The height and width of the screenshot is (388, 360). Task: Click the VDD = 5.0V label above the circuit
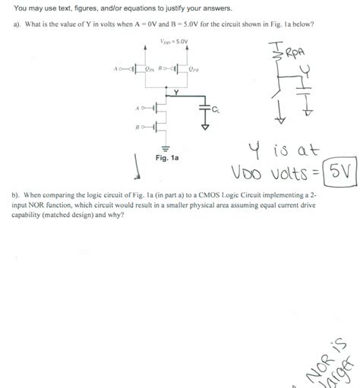[x=175, y=43]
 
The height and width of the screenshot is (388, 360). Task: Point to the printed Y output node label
[x=175, y=92]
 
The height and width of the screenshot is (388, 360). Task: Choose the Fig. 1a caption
[x=167, y=159]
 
